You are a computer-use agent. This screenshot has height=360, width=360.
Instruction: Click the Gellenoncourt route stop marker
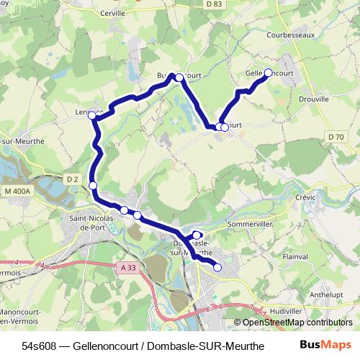269,72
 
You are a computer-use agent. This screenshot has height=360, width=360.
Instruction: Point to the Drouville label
313,99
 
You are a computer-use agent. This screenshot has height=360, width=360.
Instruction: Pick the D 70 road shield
336,137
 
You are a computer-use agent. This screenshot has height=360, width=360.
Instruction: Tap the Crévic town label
305,196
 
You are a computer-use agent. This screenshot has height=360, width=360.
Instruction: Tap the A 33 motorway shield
128,267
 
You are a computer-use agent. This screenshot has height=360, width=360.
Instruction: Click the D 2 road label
71,179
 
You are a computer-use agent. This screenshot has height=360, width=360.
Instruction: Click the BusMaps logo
325,344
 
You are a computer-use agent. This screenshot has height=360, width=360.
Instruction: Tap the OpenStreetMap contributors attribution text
297,323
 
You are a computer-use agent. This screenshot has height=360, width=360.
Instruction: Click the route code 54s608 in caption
40,345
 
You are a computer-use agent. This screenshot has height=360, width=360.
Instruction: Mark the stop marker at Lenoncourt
92,115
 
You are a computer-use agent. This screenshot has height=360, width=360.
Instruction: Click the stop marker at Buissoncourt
179,77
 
